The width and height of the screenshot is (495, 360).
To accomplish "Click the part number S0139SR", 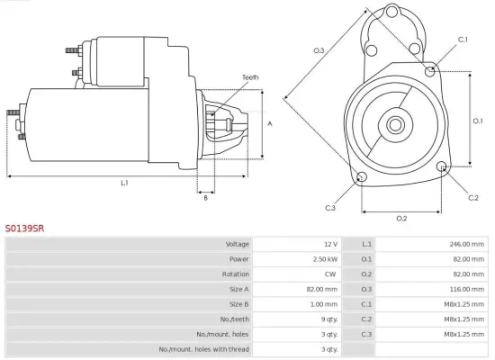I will [24, 229].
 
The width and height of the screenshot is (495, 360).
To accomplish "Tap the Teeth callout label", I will [249, 77].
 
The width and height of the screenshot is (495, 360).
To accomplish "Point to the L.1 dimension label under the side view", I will [124, 183].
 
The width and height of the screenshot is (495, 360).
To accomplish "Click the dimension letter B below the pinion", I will [205, 198].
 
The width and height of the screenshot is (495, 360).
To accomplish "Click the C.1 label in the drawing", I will [463, 40].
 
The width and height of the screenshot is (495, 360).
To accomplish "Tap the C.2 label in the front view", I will [473, 196].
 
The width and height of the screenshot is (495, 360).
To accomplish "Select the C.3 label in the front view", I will [330, 209].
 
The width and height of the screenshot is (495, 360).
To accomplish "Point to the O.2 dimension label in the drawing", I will [401, 218].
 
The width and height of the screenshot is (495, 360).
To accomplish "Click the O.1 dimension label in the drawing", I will [478, 120].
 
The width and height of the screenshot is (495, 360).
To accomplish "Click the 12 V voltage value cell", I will [328, 244].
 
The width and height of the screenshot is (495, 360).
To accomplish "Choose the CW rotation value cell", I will [330, 274].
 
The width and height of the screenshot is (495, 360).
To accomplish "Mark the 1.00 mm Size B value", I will [323, 303].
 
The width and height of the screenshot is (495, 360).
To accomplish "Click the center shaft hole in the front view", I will [396, 123].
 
